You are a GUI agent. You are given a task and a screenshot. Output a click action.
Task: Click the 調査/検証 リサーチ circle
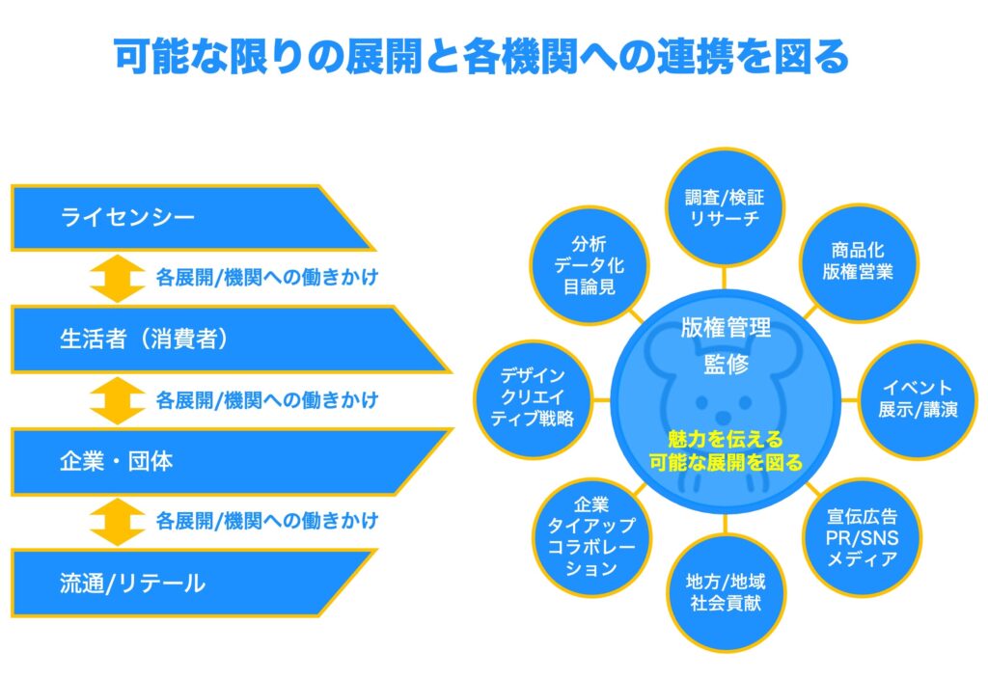click(725, 206)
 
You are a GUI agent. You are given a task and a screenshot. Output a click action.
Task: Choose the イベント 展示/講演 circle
click(918, 399)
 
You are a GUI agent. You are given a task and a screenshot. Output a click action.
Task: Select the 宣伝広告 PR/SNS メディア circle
click(863, 537)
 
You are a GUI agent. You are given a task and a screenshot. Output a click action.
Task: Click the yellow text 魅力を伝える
click(725, 439)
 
